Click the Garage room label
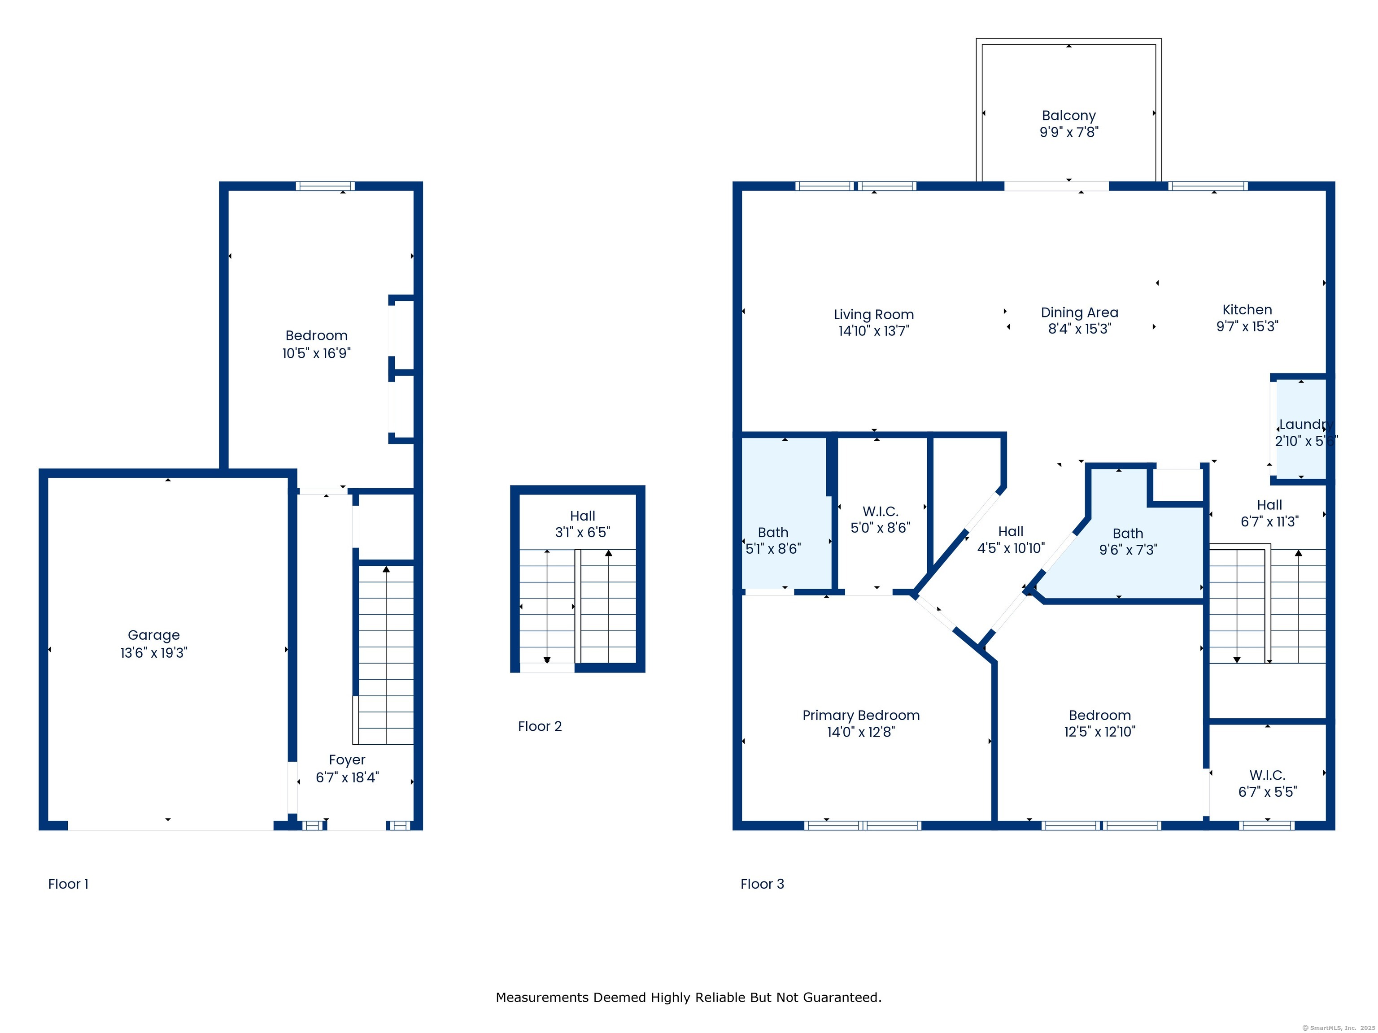point(153,635)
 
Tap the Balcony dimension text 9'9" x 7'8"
point(1069,132)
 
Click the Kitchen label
point(1247,309)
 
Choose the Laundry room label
point(1306,425)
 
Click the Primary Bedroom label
point(860,716)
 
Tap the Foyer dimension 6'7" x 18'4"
point(347,777)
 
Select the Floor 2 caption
point(540,726)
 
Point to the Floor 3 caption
point(762,884)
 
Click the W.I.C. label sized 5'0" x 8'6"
point(880,512)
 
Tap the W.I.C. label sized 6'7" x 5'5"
point(1267,775)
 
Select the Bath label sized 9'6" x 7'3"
point(1128,534)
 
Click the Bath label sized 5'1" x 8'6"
point(772,532)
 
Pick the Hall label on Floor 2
point(583,516)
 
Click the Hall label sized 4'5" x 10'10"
point(1011,531)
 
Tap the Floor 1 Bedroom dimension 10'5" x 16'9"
point(317,353)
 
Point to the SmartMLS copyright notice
point(1338,1028)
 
